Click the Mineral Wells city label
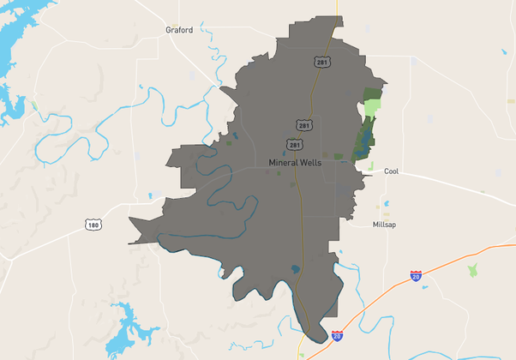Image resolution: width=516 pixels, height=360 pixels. tap(294, 162)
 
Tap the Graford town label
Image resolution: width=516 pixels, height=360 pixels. tap(179, 29)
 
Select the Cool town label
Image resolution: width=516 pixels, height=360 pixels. tap(391, 171)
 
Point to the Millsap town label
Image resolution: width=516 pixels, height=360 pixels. tap(384, 225)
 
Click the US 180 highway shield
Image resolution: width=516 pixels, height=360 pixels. tap(93, 224)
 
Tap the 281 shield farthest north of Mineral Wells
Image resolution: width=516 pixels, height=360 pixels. tap(321, 62)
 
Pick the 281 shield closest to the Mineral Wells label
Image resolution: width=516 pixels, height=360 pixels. tap(294, 144)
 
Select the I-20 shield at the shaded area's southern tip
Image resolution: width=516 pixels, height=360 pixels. tap(337, 336)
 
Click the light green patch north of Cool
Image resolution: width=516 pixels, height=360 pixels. tap(372, 109)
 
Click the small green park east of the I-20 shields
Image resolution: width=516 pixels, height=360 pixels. tap(471, 270)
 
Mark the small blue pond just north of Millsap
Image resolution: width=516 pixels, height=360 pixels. tap(386, 204)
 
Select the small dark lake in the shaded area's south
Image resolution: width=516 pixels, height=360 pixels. tap(296, 269)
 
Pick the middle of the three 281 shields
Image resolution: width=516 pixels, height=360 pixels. tap(304, 125)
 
